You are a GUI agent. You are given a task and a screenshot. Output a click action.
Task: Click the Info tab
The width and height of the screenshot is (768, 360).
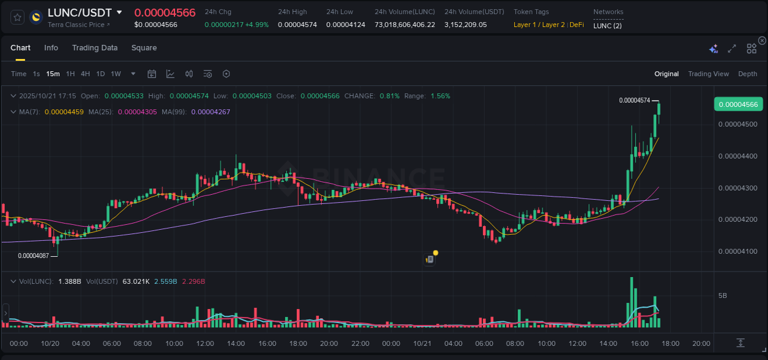[51, 48]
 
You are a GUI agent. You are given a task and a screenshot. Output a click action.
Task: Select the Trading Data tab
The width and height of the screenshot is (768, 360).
[95, 48]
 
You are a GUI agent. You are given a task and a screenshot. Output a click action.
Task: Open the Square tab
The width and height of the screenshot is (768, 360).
[144, 48]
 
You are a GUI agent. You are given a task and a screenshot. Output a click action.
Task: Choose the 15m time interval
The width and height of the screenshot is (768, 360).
[53, 74]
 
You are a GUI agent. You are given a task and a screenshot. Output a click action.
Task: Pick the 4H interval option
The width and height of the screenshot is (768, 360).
[85, 74]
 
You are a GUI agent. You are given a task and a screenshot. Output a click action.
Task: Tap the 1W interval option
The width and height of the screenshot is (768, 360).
[116, 74]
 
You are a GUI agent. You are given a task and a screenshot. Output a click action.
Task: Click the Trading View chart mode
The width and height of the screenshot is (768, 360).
[708, 74]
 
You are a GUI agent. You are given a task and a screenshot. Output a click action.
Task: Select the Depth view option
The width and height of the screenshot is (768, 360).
[747, 74]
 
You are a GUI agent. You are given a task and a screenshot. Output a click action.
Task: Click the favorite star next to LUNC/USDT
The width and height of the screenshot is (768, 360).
[18, 17]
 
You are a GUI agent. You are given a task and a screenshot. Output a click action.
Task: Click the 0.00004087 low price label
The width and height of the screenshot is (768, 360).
[33, 256]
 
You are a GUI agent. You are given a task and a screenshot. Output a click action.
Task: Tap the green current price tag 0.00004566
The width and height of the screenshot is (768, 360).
[738, 104]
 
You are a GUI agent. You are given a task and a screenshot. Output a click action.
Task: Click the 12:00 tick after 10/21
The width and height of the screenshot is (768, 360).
[578, 343]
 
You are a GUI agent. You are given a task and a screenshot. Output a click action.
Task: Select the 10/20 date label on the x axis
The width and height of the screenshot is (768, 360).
[50, 343]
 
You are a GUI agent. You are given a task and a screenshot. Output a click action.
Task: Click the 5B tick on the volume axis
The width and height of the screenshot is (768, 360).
[723, 295]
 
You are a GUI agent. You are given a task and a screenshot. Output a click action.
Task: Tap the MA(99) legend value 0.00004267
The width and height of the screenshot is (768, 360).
[210, 112]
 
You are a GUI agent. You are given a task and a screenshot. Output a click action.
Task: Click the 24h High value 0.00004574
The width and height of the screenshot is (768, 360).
[297, 25]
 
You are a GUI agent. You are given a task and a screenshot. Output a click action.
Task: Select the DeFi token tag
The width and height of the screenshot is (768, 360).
[576, 25]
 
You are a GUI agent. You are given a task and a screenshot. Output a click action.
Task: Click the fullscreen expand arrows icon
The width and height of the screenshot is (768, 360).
[732, 49]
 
